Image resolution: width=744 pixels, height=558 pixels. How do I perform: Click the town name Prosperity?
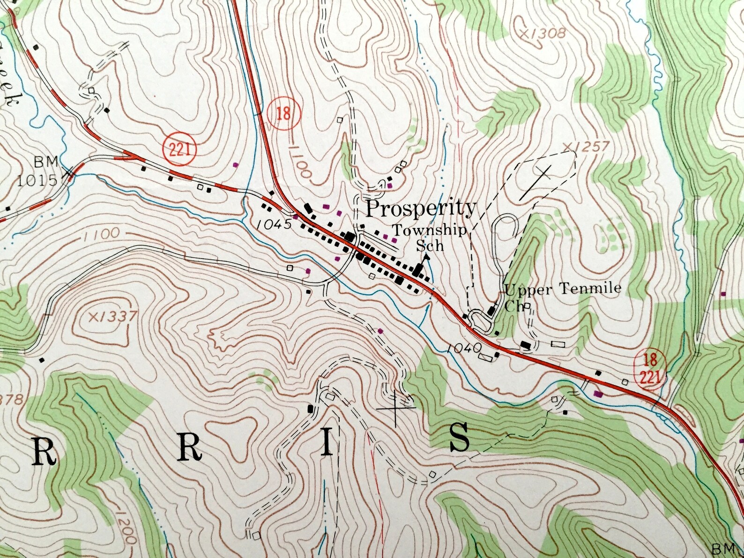[420, 209]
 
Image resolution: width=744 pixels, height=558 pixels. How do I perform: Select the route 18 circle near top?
[283, 114]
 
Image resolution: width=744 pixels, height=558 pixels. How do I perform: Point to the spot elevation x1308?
[543, 33]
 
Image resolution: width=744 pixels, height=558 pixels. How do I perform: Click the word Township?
[429, 231]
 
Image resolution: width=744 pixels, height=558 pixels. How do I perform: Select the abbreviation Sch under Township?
[430, 246]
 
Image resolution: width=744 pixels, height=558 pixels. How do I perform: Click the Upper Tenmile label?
[563, 289]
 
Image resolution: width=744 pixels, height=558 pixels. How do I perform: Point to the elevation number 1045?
[275, 224]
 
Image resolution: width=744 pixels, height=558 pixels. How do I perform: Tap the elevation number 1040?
[464, 348]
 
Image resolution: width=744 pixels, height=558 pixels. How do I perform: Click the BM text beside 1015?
[46, 162]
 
